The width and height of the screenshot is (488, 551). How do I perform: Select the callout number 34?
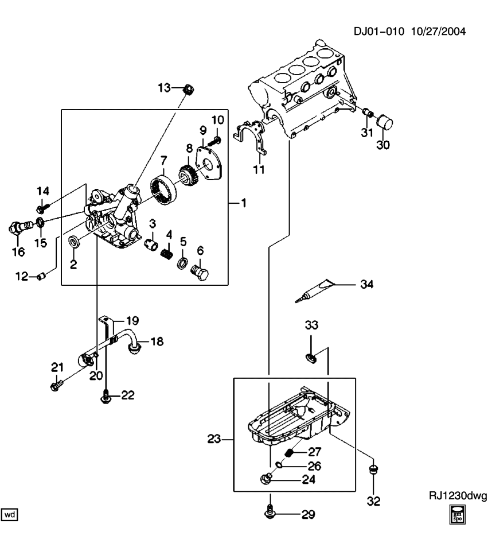coord(367,284)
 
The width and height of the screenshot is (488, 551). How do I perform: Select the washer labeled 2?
coord(73,240)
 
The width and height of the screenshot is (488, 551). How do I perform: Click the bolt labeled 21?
coord(56,385)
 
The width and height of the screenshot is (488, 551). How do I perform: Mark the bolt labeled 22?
coord(106,394)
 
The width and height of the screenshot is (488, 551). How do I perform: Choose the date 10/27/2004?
coord(439,31)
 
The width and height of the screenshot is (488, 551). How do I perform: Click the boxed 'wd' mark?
coord(10,515)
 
